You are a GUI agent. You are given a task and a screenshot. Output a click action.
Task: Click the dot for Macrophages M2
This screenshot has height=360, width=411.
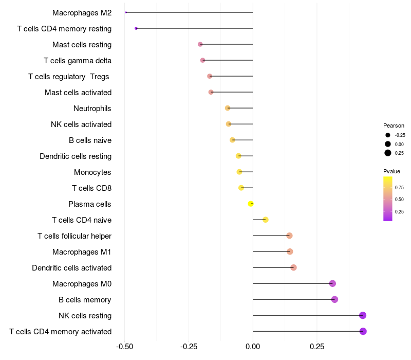[x=126, y=12]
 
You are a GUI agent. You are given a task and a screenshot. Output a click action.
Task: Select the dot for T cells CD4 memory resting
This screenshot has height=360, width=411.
[x=136, y=28]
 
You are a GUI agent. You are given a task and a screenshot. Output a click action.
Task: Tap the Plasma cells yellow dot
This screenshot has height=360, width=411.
[x=251, y=204]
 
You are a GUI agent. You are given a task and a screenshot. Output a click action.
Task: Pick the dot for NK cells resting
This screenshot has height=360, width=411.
[x=363, y=315]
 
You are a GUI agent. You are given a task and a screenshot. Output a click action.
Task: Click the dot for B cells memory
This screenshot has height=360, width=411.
[x=334, y=299]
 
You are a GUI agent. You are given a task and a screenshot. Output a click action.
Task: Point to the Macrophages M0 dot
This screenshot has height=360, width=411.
[x=332, y=283]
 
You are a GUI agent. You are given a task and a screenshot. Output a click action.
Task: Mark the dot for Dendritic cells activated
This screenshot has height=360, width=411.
[x=293, y=267]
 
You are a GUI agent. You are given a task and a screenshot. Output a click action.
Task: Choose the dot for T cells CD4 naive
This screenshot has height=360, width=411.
[x=266, y=220]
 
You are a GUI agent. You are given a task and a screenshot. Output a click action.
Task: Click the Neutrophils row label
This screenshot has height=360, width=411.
[x=92, y=109]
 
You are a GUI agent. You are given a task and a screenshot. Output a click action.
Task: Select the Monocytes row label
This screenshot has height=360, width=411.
[x=92, y=172]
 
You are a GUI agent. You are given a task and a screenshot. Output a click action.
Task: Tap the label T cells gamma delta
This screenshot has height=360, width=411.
[x=78, y=61]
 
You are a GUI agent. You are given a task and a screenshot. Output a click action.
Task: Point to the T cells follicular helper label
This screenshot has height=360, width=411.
[x=74, y=236]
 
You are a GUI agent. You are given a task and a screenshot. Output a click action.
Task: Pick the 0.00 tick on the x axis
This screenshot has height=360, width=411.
[x=253, y=347]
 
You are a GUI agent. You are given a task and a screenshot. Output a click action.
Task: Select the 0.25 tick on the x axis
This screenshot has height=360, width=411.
[x=317, y=347]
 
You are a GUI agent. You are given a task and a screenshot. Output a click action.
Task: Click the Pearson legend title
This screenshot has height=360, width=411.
[x=394, y=125]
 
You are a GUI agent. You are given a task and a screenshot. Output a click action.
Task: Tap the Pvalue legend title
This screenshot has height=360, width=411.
[x=391, y=171]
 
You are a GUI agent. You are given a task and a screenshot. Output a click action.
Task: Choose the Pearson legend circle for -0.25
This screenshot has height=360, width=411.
[x=388, y=135]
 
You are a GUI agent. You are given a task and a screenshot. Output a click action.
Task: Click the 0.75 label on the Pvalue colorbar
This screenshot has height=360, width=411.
[x=399, y=187]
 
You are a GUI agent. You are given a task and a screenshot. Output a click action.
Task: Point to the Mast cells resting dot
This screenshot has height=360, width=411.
[x=200, y=45]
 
